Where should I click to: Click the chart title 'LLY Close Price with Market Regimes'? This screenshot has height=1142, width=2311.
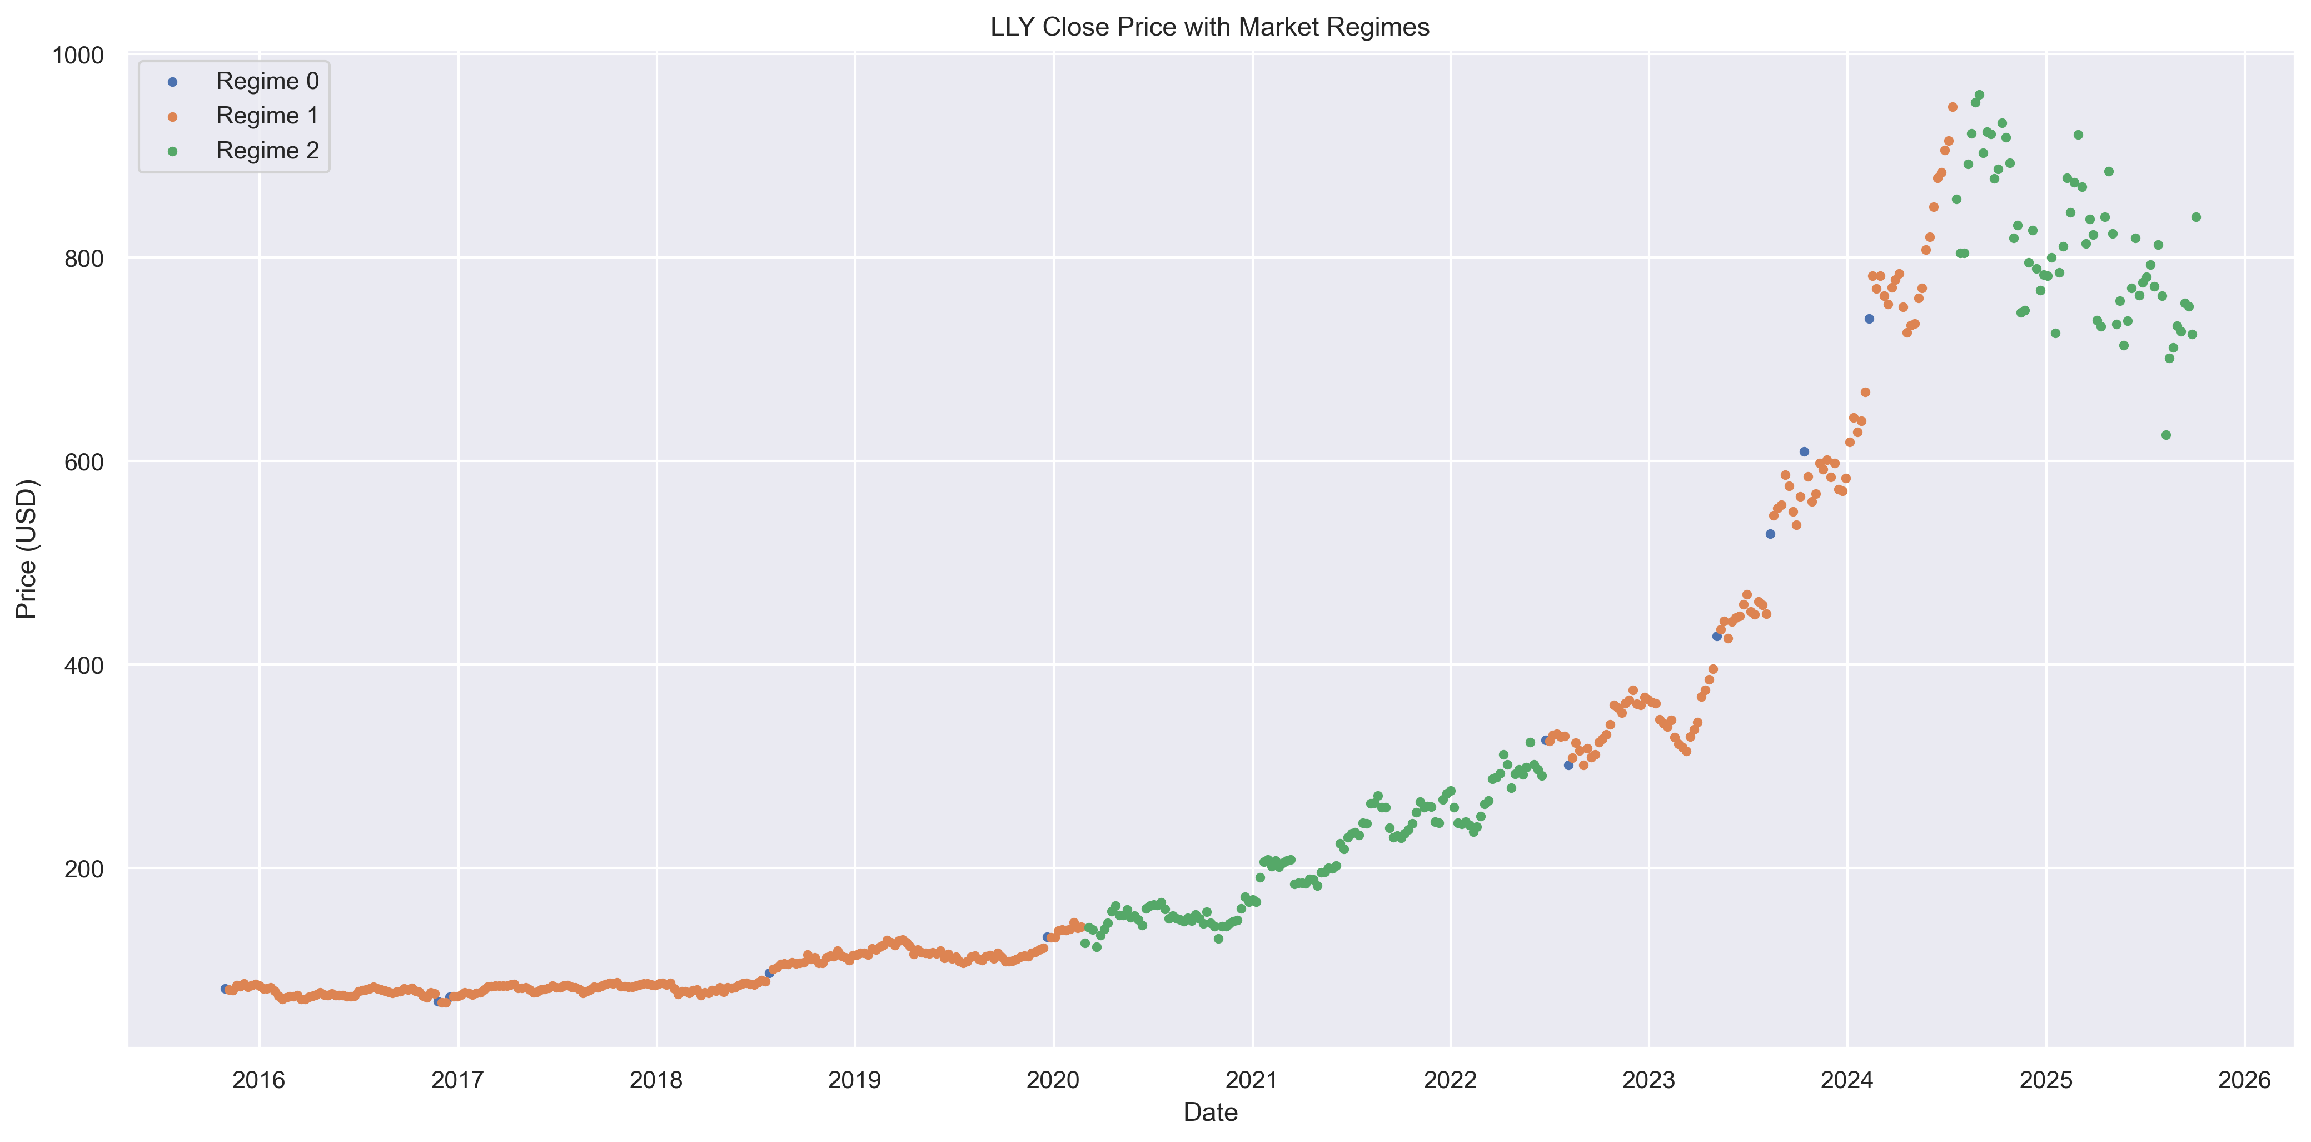(x=1209, y=27)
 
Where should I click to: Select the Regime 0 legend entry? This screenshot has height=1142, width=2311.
(x=266, y=81)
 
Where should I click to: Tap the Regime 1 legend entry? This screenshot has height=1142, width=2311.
(x=266, y=116)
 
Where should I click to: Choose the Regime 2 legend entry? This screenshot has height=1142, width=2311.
(x=266, y=151)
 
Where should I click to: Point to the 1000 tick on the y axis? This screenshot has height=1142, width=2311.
(x=78, y=56)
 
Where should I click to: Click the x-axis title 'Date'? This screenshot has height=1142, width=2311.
(x=1209, y=1113)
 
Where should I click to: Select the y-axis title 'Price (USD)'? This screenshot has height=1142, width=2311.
(x=27, y=549)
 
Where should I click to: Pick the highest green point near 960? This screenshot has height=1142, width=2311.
(x=1979, y=95)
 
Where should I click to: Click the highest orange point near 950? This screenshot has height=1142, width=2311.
(x=1952, y=107)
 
